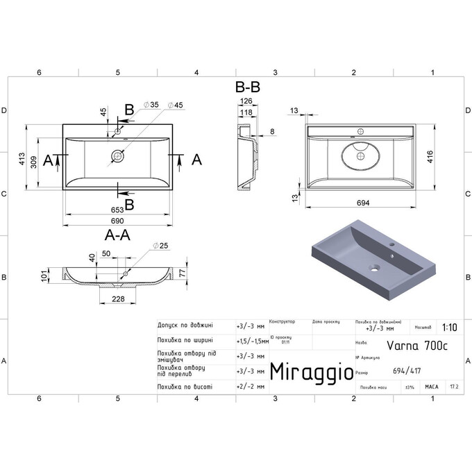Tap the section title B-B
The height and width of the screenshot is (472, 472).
[x=248, y=88]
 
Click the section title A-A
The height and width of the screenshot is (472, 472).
[x=118, y=235]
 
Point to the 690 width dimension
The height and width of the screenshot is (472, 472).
[x=117, y=220]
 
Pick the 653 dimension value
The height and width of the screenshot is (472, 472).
[x=117, y=209]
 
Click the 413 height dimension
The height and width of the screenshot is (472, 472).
[x=22, y=159]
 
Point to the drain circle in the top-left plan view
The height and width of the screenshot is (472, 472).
[x=118, y=158]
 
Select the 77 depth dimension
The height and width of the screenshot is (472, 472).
[x=183, y=273]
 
